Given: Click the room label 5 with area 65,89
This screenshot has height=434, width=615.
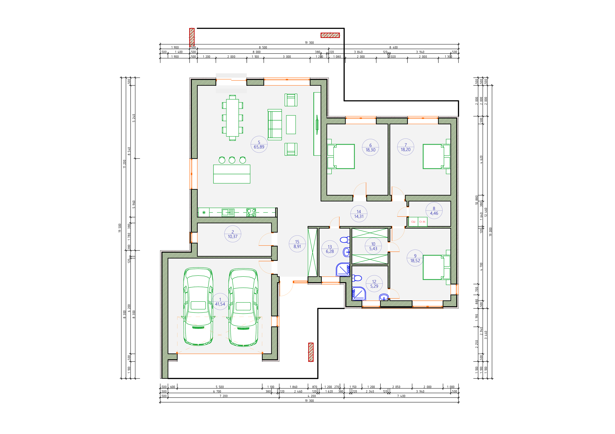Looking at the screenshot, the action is pos(259,144).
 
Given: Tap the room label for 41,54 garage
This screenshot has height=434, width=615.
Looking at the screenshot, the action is pos(220,302).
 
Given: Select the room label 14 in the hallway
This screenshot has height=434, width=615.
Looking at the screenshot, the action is pos(359,214).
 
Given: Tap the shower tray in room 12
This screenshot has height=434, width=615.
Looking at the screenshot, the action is pos(359,294).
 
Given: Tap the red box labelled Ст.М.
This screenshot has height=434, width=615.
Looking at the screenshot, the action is pos(422,222).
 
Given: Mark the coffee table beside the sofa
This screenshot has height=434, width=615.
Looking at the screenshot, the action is pos(291,125).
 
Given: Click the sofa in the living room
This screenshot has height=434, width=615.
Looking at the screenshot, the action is pos(275,125).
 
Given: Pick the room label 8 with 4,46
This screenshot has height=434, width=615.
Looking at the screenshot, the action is pos(434,211).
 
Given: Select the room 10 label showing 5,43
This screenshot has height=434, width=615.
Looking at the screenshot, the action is pos(373,246).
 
